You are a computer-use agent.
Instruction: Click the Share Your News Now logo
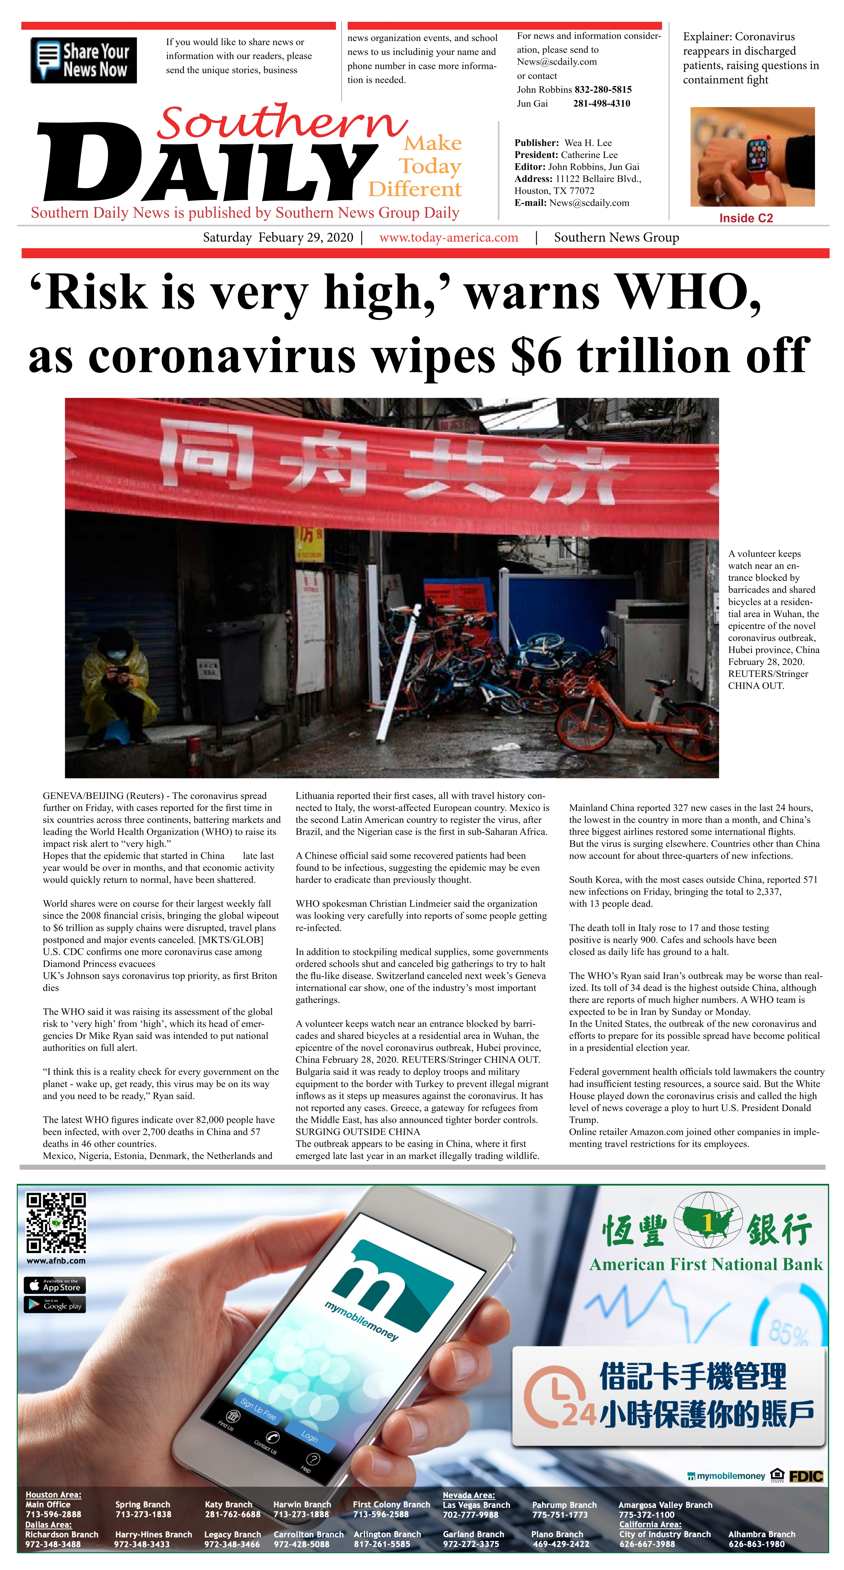tap(83, 60)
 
